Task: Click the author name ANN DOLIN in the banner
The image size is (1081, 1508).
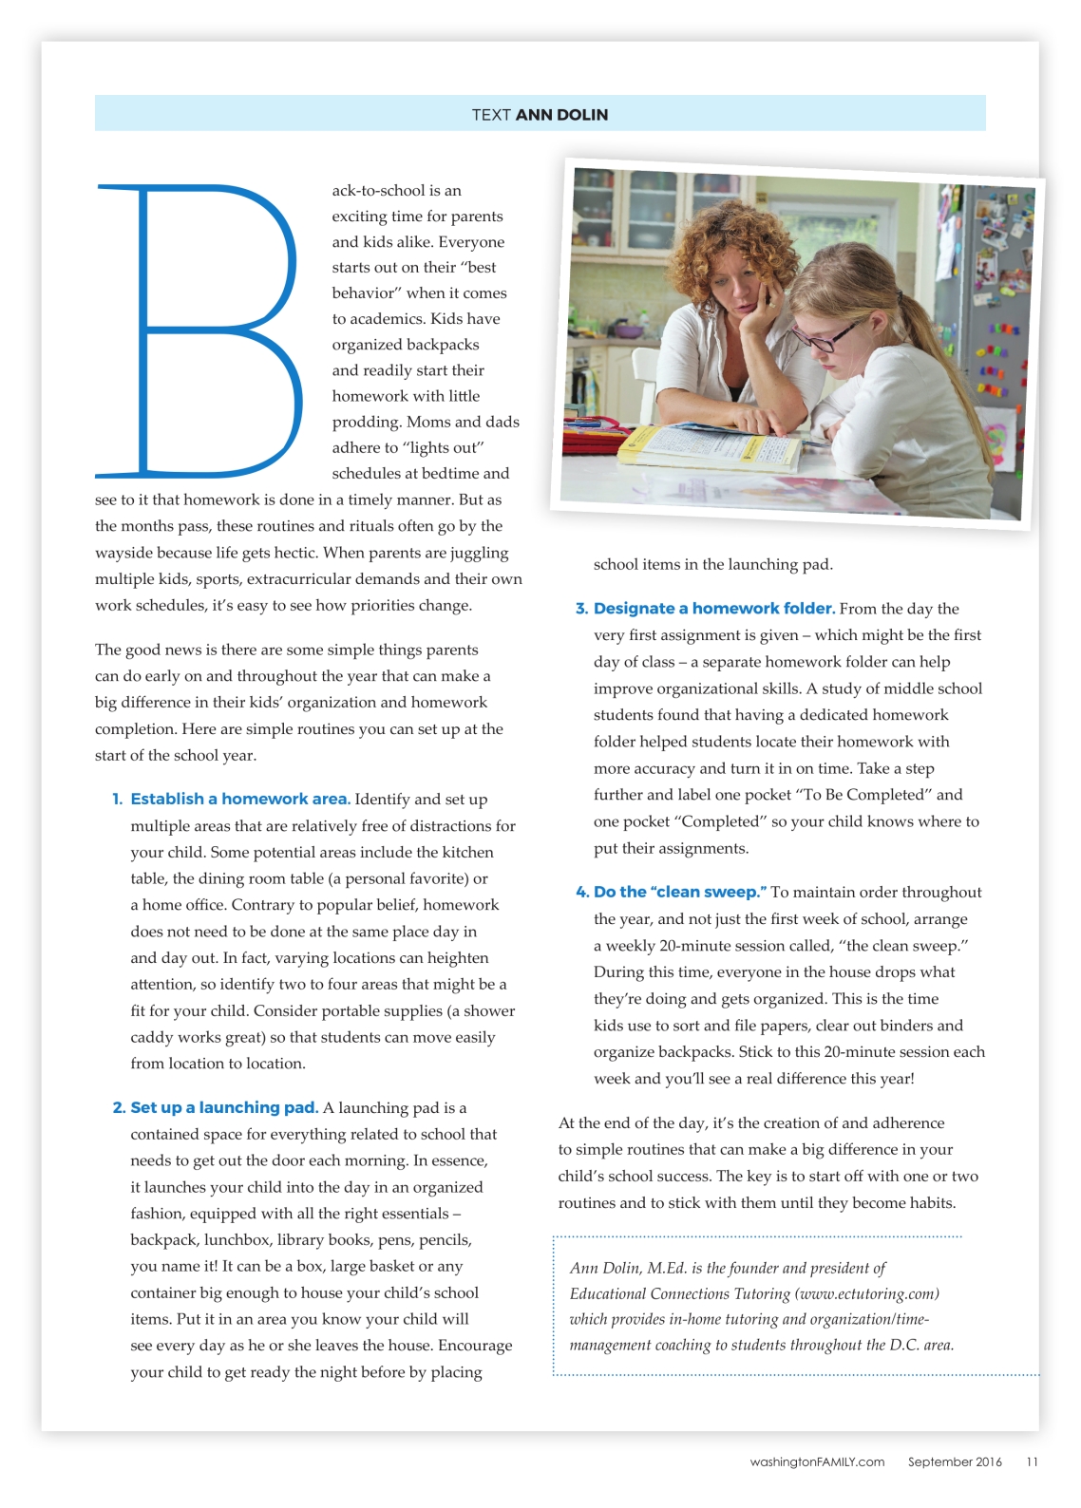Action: [561, 115]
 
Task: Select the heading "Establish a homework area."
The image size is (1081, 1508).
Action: [240, 800]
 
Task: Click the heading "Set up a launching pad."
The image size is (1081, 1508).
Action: [224, 1108]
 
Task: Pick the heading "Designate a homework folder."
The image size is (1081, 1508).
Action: [714, 609]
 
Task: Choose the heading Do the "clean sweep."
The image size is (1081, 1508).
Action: [680, 893]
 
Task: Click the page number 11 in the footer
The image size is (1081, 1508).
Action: [1032, 1462]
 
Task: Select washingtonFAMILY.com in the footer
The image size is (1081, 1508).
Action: [817, 1462]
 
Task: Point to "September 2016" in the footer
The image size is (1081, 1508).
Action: [955, 1462]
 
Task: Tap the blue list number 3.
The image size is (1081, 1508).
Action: [581, 609]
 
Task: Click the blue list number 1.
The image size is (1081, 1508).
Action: [118, 800]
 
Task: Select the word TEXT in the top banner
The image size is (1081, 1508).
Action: [491, 115]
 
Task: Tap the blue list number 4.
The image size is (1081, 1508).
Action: [581, 893]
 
